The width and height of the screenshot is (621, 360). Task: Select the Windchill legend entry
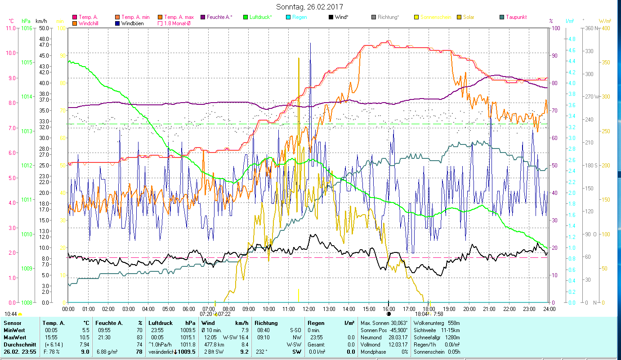click(89, 23)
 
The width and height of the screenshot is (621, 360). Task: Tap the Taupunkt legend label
click(516, 17)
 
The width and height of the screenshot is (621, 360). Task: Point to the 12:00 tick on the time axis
click(309, 309)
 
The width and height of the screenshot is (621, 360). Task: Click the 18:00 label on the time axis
click(429, 309)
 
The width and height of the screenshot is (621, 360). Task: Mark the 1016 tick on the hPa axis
click(27, 28)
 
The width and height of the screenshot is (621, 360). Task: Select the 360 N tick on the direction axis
click(590, 28)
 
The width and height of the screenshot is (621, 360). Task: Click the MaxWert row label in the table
click(15, 337)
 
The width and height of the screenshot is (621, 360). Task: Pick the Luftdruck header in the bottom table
click(160, 323)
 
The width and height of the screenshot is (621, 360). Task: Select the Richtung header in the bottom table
click(266, 323)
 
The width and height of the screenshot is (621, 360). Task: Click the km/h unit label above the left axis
click(41, 21)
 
